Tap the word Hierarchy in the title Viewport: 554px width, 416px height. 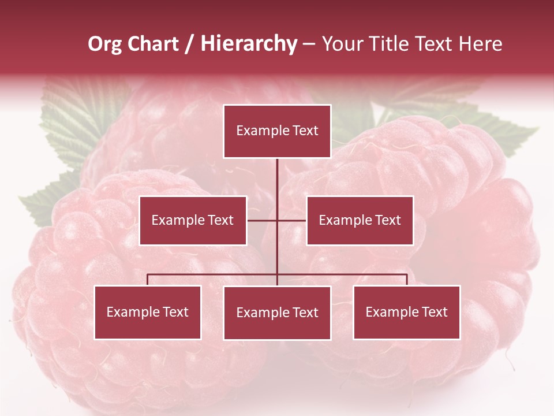tap(249, 44)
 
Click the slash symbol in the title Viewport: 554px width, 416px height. tap(189, 44)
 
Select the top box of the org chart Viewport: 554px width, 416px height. tap(277, 131)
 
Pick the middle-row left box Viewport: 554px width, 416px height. tap(193, 220)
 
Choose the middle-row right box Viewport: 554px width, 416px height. tap(360, 220)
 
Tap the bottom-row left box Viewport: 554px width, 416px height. tap(148, 313)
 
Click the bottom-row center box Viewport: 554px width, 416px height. tap(277, 313)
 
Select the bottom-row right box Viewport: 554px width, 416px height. tap(406, 313)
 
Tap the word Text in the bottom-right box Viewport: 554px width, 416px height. tap(435, 313)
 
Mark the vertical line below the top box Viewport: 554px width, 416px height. tap(277, 185)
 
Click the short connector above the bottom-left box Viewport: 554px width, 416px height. tap(148, 280)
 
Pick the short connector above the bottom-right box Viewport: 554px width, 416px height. tap(407, 280)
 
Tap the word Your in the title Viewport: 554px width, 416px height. tap(342, 44)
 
